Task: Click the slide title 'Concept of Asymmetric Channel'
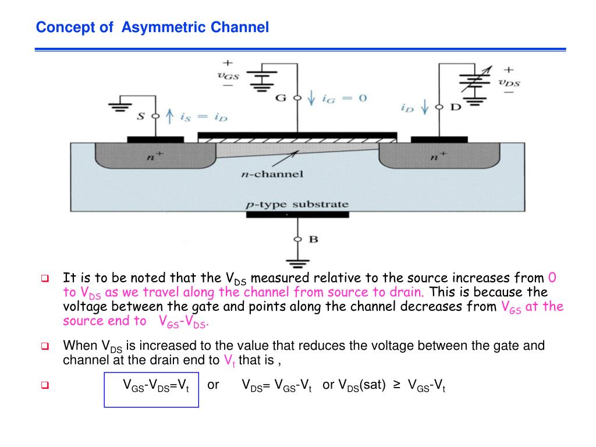click(152, 27)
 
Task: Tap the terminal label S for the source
click(141, 116)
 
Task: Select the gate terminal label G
click(281, 98)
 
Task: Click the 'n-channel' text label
click(272, 173)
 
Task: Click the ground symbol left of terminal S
click(120, 107)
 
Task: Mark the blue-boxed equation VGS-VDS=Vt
click(156, 385)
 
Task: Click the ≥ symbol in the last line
click(396, 385)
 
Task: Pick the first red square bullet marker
click(44, 278)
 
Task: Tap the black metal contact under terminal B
click(297, 215)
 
